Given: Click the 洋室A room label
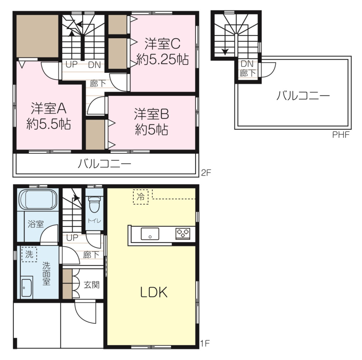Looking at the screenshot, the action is pyautogui.click(x=49, y=108).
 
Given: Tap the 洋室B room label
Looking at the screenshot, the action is pyautogui.click(x=151, y=114).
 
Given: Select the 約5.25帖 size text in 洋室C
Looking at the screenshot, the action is pyautogui.click(x=163, y=60).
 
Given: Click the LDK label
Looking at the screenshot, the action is pyautogui.click(x=154, y=292).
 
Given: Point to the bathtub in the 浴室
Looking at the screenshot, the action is pyautogui.click(x=38, y=199).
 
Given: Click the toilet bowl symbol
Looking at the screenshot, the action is pyautogui.click(x=94, y=204).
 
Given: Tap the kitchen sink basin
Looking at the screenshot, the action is pyautogui.click(x=150, y=234).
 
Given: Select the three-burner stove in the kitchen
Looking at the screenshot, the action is pyautogui.click(x=183, y=233).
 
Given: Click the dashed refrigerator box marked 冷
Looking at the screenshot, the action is pyautogui.click(x=141, y=196).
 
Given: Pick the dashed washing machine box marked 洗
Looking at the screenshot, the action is pyautogui.click(x=29, y=254).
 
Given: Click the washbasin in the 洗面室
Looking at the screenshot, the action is pyautogui.click(x=26, y=288).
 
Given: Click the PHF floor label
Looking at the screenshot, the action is pyautogui.click(x=341, y=135).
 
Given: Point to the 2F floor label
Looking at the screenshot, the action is pyautogui.click(x=206, y=172).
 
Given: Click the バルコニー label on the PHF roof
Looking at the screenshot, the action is pyautogui.click(x=303, y=95).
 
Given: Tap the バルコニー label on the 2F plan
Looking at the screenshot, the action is pyautogui.click(x=104, y=164).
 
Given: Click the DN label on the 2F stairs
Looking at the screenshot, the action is pyautogui.click(x=95, y=65).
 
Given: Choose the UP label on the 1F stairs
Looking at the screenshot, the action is pyautogui.click(x=72, y=237).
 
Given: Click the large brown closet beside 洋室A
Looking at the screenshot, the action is pyautogui.click(x=37, y=36).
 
